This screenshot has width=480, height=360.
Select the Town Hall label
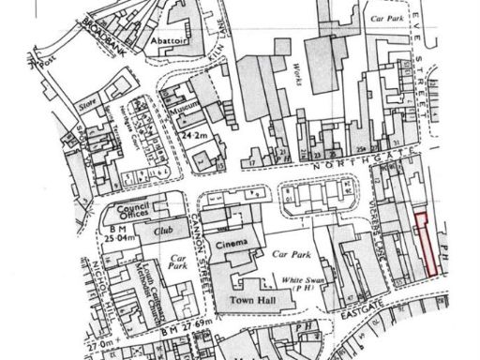(248, 302)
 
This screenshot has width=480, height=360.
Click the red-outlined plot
(427, 244)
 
